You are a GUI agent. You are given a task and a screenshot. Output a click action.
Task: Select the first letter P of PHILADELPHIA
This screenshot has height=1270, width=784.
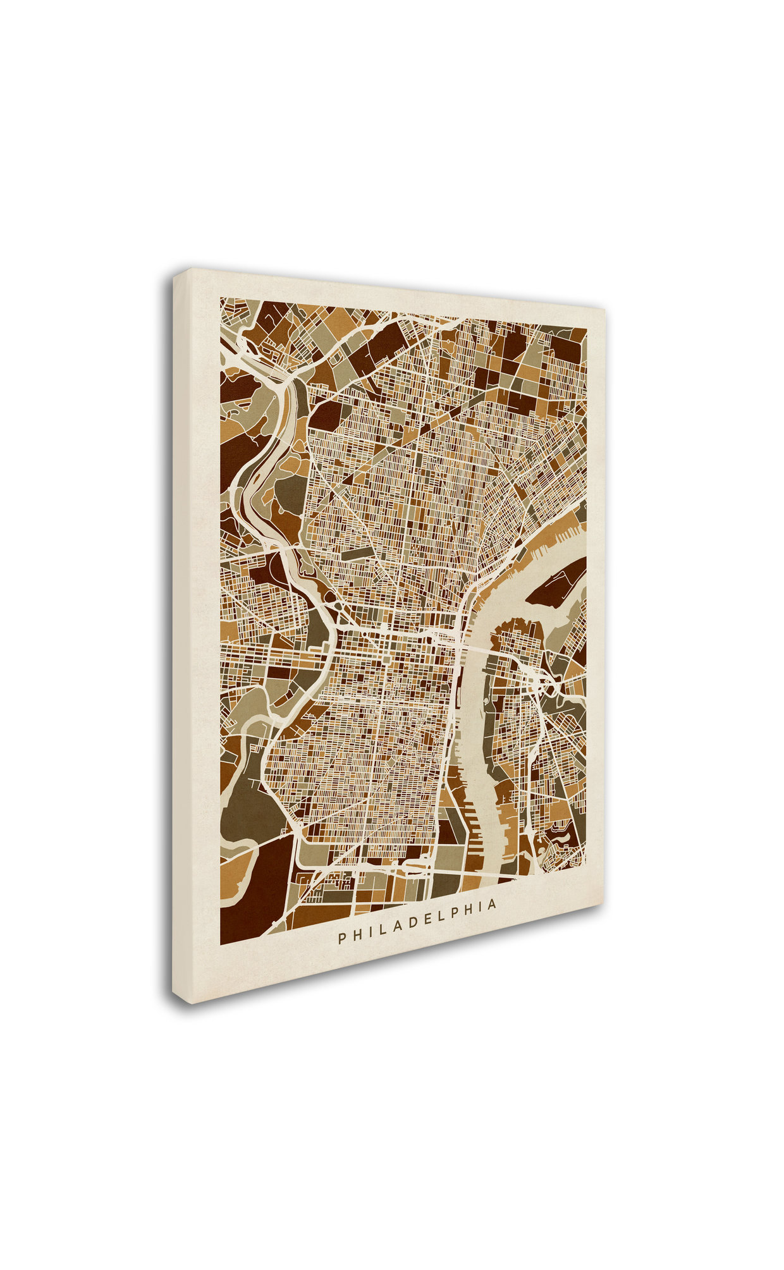[x=342, y=937]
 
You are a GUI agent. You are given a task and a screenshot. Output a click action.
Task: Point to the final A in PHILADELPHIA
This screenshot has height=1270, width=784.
[x=492, y=905]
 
